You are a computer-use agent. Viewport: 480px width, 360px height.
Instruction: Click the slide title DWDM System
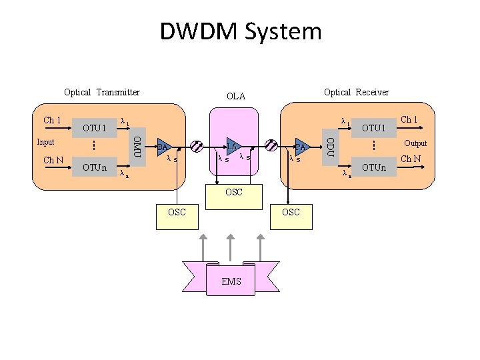(x=240, y=31)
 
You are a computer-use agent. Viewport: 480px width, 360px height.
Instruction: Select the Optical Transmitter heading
(x=101, y=92)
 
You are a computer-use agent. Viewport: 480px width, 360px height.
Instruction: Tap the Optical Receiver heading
(x=356, y=92)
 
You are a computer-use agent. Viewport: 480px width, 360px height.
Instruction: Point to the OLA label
(x=235, y=97)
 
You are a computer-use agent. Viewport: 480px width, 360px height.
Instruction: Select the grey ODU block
(x=329, y=144)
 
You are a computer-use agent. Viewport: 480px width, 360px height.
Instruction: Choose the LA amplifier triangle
(x=232, y=147)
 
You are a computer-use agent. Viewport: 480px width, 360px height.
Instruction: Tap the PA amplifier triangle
(x=302, y=147)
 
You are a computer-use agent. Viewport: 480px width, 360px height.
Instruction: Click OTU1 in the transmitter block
(x=95, y=127)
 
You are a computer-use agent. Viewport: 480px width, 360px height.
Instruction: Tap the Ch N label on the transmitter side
(x=53, y=160)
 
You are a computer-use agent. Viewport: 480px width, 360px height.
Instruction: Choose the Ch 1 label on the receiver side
(x=408, y=120)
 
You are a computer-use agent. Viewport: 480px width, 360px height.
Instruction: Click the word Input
(x=46, y=142)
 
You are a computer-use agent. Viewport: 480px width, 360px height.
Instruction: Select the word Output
(x=415, y=143)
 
